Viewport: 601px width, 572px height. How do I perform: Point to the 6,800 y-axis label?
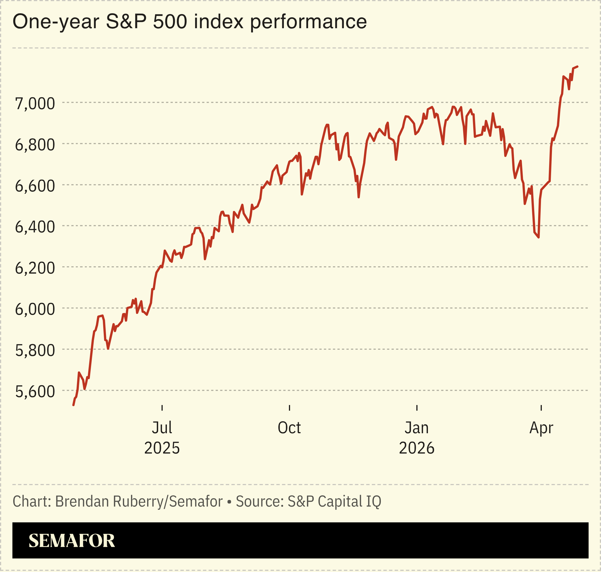coord(35,145)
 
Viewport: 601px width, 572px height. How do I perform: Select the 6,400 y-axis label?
coord(35,227)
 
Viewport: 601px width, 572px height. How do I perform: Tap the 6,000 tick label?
coord(35,309)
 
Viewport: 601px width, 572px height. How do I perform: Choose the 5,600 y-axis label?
coord(35,391)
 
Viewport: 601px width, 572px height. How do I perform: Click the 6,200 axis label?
coord(35,268)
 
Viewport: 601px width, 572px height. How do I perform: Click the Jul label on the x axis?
coord(162,428)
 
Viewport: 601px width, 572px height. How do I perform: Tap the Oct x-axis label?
coord(289,428)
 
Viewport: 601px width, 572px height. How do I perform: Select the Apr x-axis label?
coord(541,428)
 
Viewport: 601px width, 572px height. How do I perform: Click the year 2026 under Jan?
coord(417,448)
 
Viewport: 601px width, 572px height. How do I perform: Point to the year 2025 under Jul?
coord(162,448)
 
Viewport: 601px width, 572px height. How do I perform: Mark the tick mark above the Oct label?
coord(289,408)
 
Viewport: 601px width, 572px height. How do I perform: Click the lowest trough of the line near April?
coord(538,237)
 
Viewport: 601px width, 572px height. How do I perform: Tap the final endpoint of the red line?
coord(577,67)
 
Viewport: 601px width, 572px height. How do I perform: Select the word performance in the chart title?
coord(308,22)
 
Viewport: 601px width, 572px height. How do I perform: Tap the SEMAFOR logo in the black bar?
coord(72,541)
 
